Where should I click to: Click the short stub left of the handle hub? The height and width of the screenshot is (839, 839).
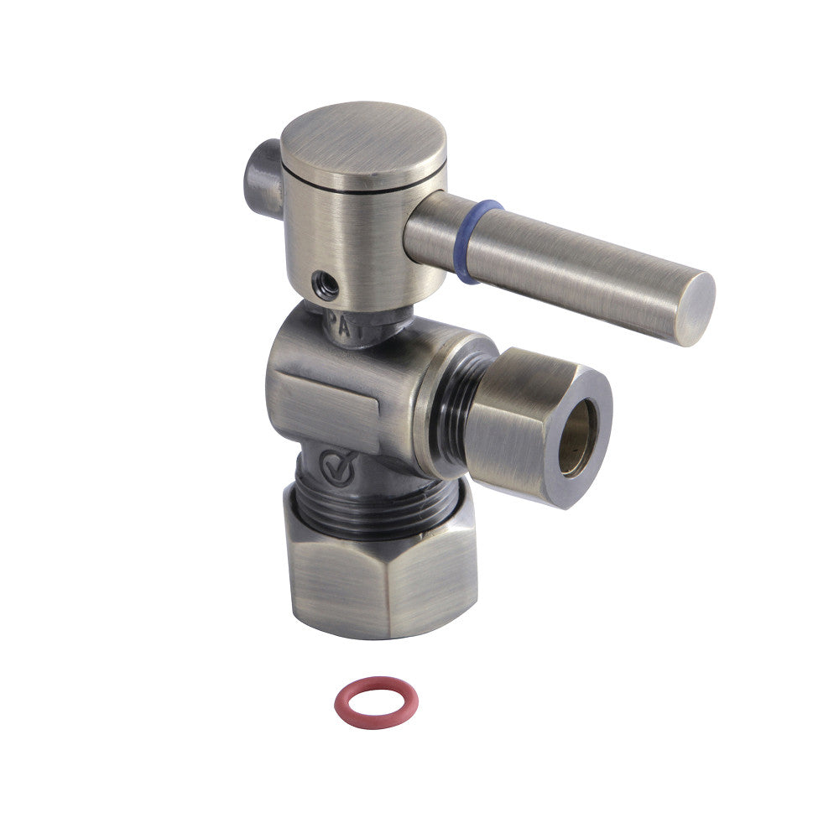263,179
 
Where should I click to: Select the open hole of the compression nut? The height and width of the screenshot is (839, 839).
577,437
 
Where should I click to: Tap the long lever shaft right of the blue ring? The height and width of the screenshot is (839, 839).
579,277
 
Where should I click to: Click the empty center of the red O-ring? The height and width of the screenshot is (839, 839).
374,701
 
